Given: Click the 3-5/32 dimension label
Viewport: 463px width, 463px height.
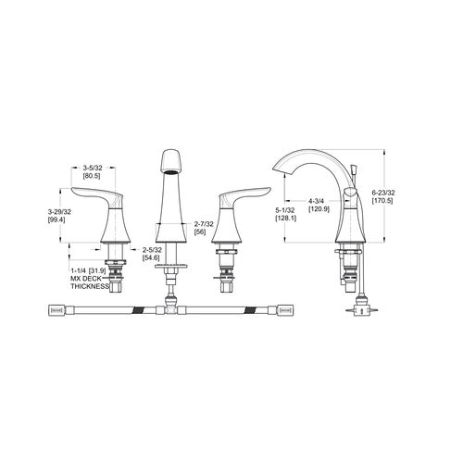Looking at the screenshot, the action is [93, 168].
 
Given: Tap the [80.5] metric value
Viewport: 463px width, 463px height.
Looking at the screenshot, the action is [92, 176].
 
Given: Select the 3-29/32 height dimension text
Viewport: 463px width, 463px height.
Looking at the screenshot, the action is [59, 212].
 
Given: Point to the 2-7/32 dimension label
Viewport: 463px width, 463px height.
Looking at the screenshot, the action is [204, 224].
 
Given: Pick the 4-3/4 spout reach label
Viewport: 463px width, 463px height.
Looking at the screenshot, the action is [319, 201].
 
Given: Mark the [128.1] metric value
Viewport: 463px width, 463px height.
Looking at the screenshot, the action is [285, 219].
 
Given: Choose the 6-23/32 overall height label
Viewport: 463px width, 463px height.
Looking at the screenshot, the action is [383, 193].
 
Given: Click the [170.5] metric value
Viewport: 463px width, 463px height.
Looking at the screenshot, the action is [382, 201].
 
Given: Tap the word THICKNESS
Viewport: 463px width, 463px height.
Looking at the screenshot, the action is [90, 286].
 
